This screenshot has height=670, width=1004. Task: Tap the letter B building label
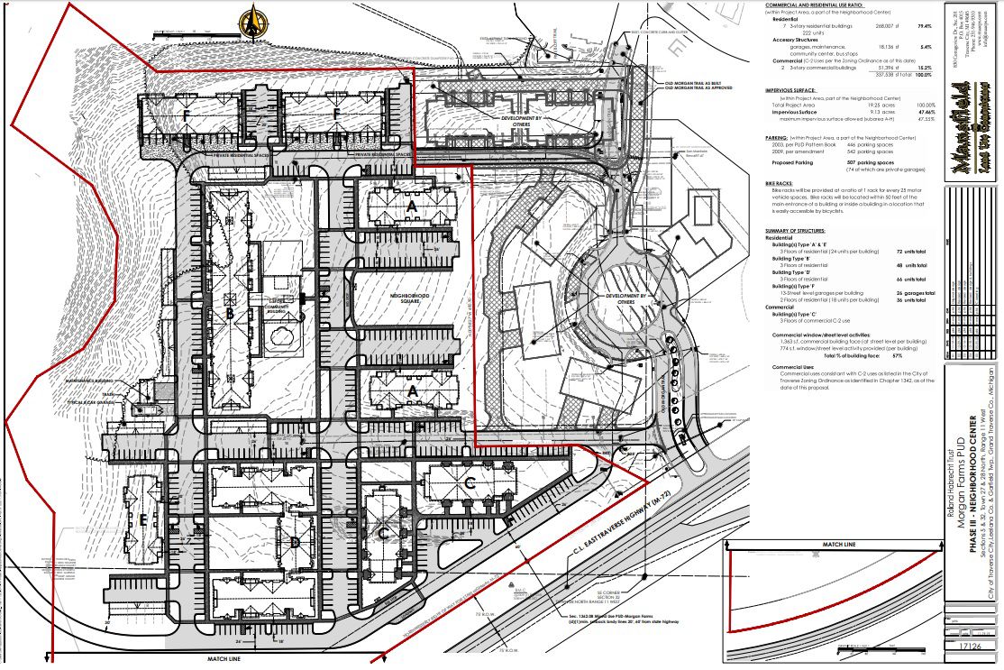coord(230,314)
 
